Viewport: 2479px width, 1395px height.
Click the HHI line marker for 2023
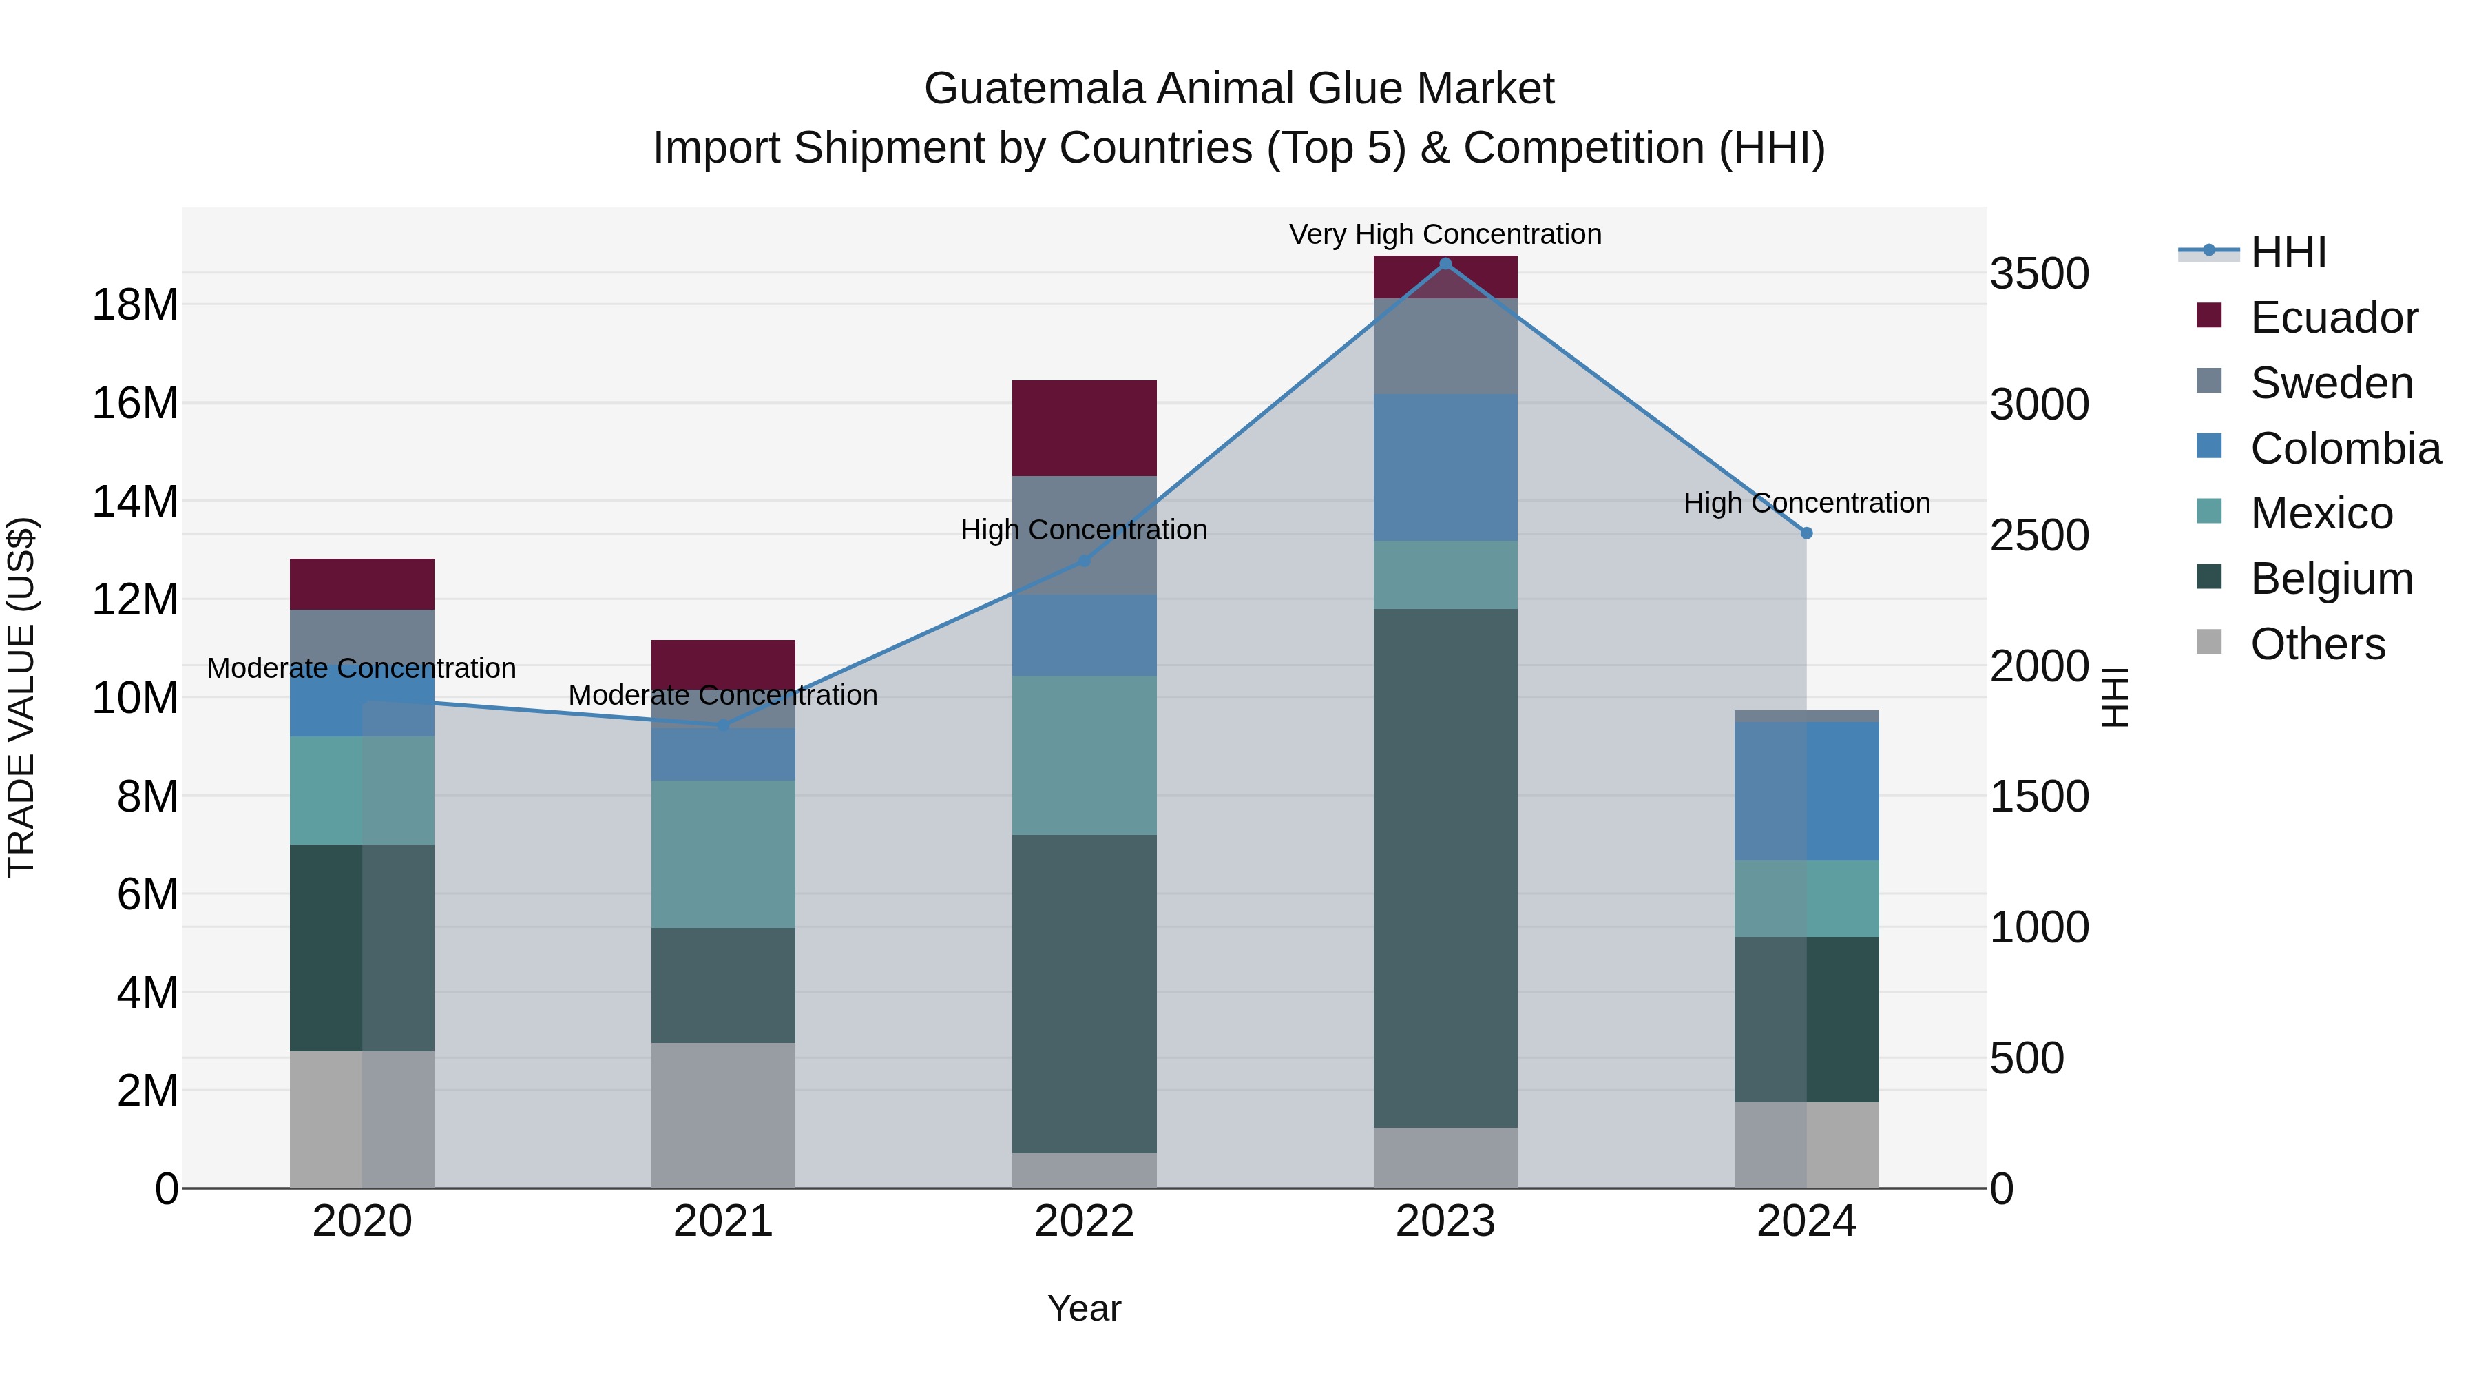click(1445, 264)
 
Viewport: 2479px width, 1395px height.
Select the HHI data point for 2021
click(723, 724)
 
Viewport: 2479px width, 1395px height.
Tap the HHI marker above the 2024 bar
click(1806, 533)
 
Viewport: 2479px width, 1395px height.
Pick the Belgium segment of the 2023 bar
click(1445, 867)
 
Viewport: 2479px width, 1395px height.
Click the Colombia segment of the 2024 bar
click(1806, 790)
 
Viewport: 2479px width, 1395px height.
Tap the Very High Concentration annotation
click(1445, 234)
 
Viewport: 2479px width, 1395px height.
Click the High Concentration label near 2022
click(1084, 530)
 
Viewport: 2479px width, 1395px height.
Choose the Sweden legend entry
click(2331, 383)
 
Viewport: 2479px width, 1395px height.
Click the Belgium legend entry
click(2331, 579)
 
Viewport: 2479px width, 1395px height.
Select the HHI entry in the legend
click(2288, 252)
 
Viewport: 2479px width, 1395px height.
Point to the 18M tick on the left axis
click(135, 304)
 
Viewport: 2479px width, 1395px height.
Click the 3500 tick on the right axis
click(2039, 273)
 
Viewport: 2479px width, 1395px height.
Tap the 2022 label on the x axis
click(1084, 1221)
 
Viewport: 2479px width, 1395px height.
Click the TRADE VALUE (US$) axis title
click(21, 697)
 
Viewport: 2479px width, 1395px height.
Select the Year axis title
click(1084, 1308)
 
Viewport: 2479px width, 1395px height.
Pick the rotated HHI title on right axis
click(2114, 697)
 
